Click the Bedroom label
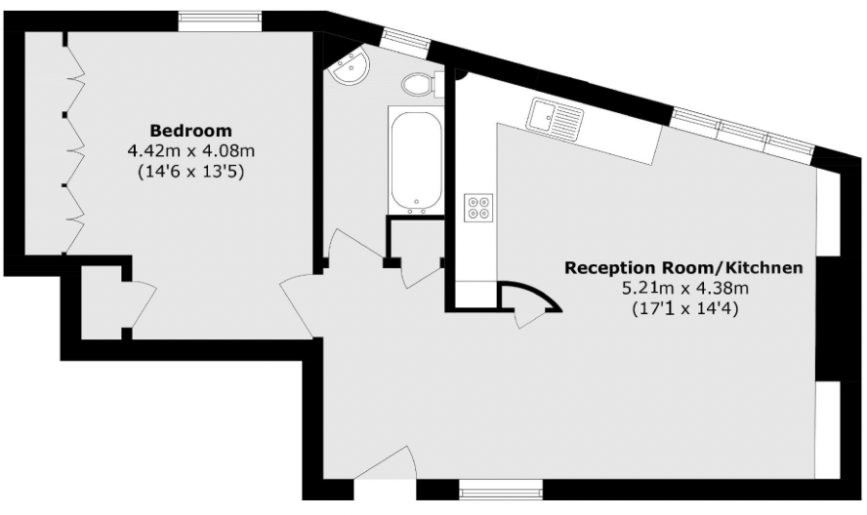click(x=190, y=131)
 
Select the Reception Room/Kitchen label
click(x=684, y=267)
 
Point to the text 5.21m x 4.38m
click(x=684, y=288)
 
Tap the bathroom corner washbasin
click(x=349, y=67)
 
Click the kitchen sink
click(x=555, y=118)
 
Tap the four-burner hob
click(x=479, y=207)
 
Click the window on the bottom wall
click(x=500, y=487)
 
